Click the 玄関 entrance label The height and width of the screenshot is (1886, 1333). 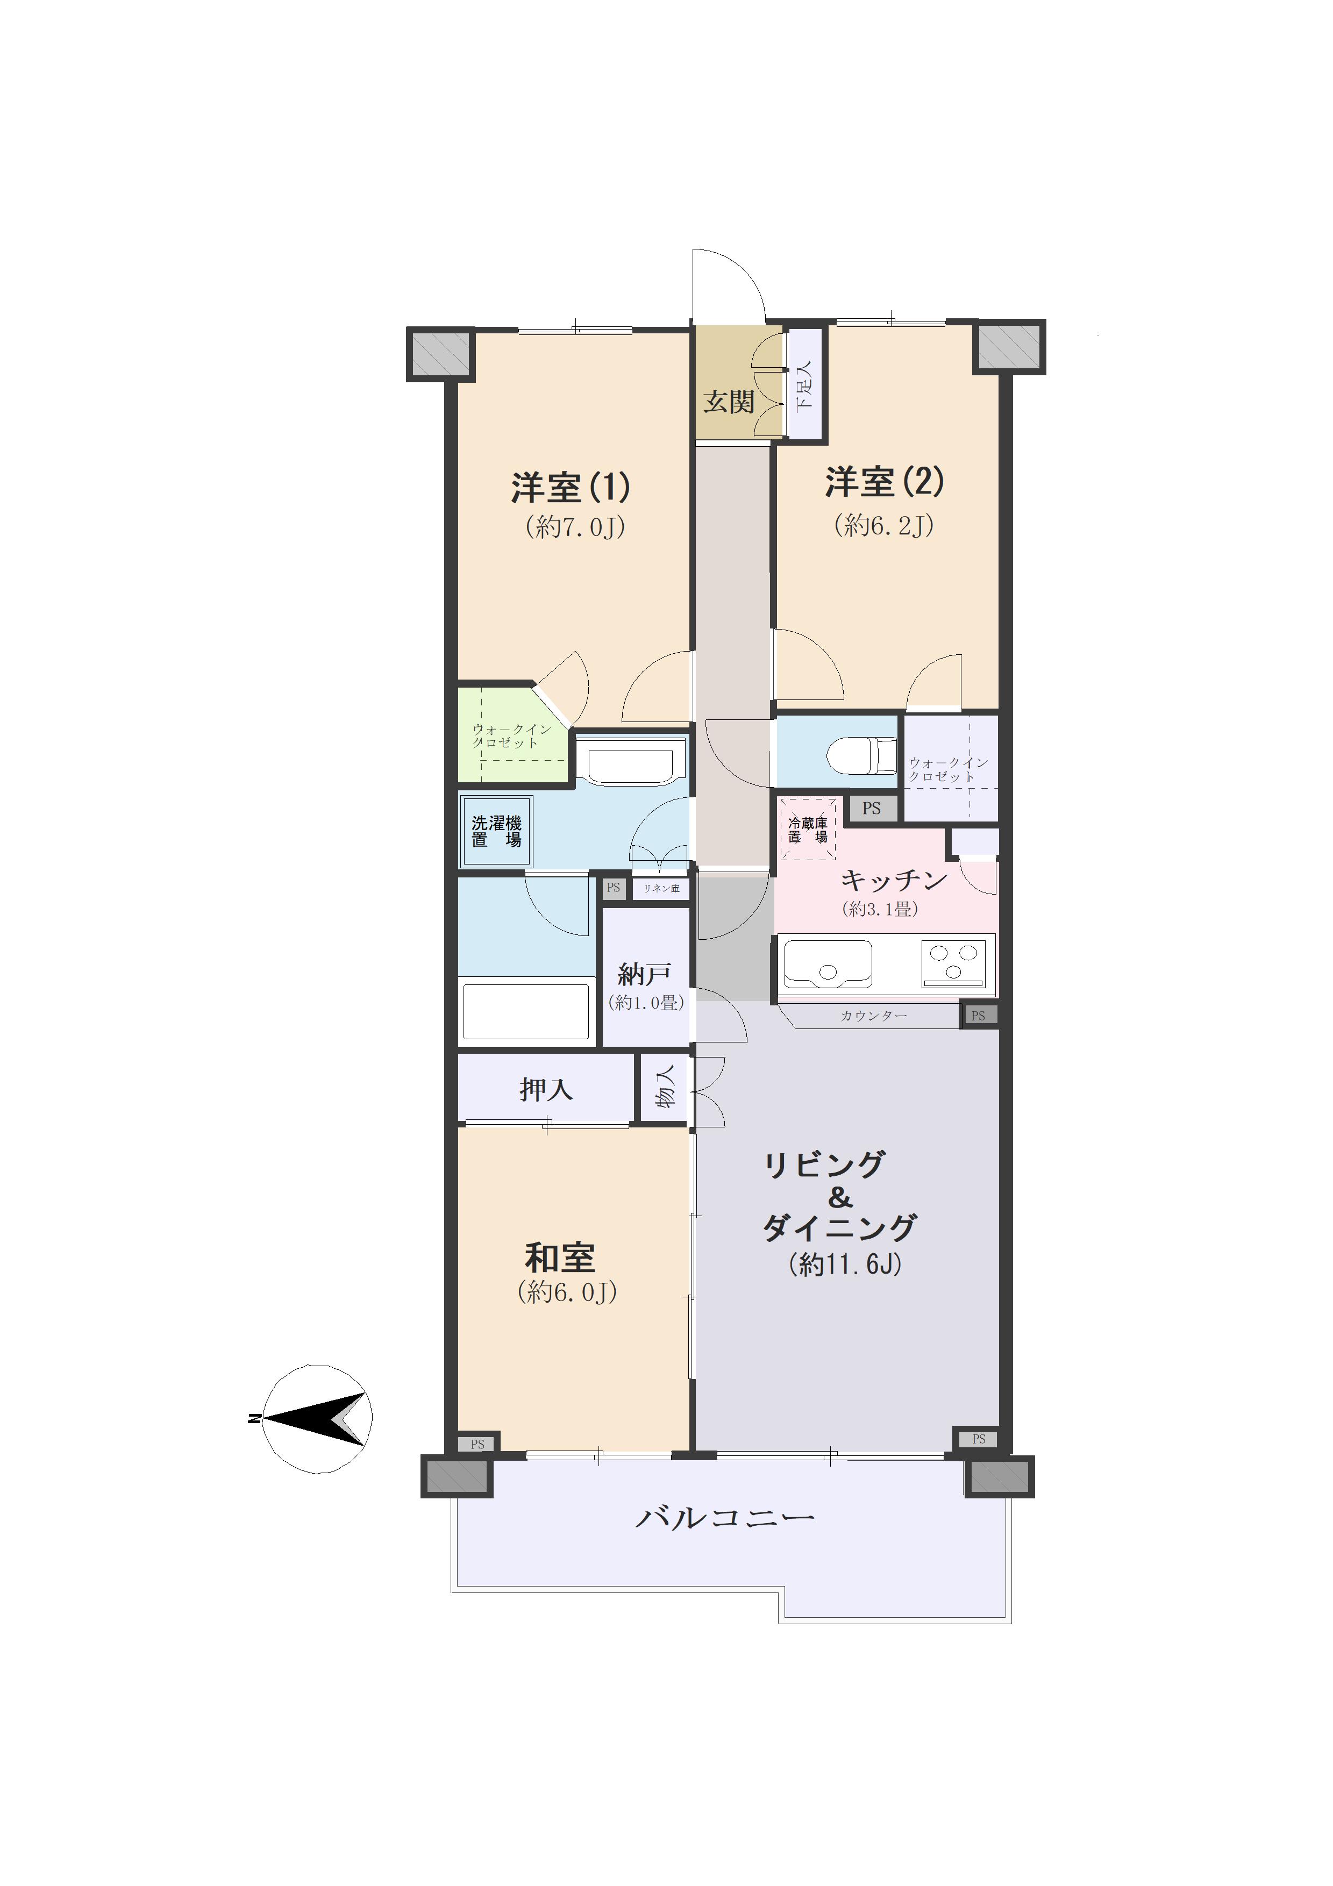tap(729, 403)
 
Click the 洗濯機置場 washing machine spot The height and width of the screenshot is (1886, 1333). tap(496, 831)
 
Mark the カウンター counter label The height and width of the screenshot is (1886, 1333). tap(873, 1016)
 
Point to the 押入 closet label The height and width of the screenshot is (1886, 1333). tap(546, 1089)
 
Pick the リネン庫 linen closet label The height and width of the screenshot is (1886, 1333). tap(661, 888)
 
